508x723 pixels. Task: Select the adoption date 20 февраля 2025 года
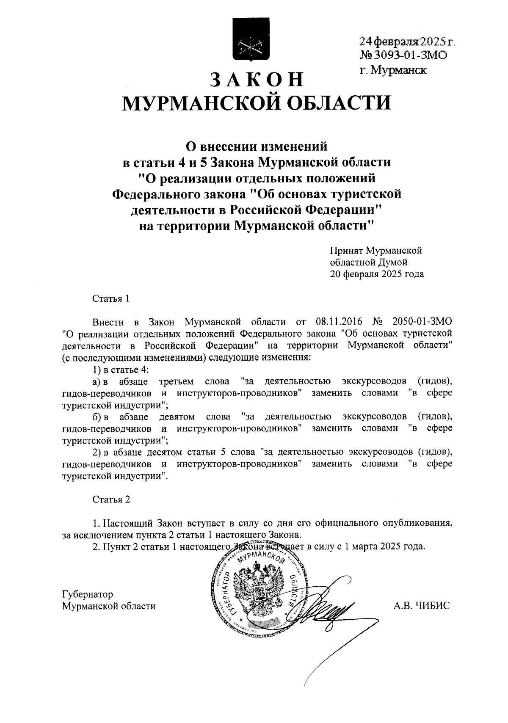pyautogui.click(x=377, y=274)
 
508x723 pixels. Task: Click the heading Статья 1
pyautogui.click(x=111, y=298)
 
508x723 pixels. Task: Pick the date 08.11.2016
pyautogui.click(x=337, y=321)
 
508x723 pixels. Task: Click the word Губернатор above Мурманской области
pyautogui.click(x=88, y=594)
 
